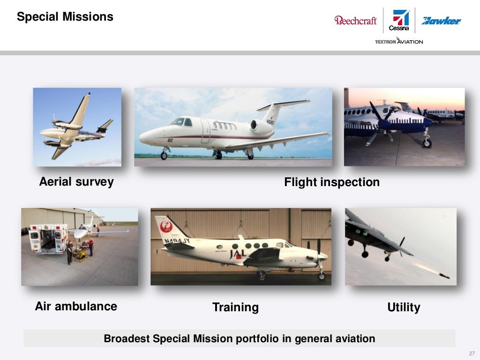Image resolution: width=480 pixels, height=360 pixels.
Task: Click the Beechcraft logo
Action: tap(355, 20)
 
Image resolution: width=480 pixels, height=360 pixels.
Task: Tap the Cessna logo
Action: tap(400, 21)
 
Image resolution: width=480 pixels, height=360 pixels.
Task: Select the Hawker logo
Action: tap(441, 21)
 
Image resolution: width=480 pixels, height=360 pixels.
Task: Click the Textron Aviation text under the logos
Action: tap(399, 41)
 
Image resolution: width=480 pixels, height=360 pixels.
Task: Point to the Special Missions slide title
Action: tap(65, 17)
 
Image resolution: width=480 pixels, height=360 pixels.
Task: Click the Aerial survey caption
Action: tap(76, 182)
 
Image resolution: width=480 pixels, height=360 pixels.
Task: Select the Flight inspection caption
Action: tap(332, 182)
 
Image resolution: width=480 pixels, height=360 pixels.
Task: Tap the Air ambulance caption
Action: tap(76, 307)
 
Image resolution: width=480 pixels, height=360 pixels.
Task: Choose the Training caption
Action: tap(235, 307)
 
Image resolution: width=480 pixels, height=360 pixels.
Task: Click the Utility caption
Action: tap(404, 307)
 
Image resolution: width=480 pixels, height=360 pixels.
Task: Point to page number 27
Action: tap(472, 353)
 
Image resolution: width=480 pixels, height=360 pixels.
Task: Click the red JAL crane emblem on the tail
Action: tap(166, 227)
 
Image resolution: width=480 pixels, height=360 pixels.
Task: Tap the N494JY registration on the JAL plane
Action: tap(177, 241)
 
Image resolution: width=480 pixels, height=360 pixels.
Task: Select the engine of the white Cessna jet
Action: tap(261, 126)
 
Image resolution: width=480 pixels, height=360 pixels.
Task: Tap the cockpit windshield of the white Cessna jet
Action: tap(179, 121)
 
